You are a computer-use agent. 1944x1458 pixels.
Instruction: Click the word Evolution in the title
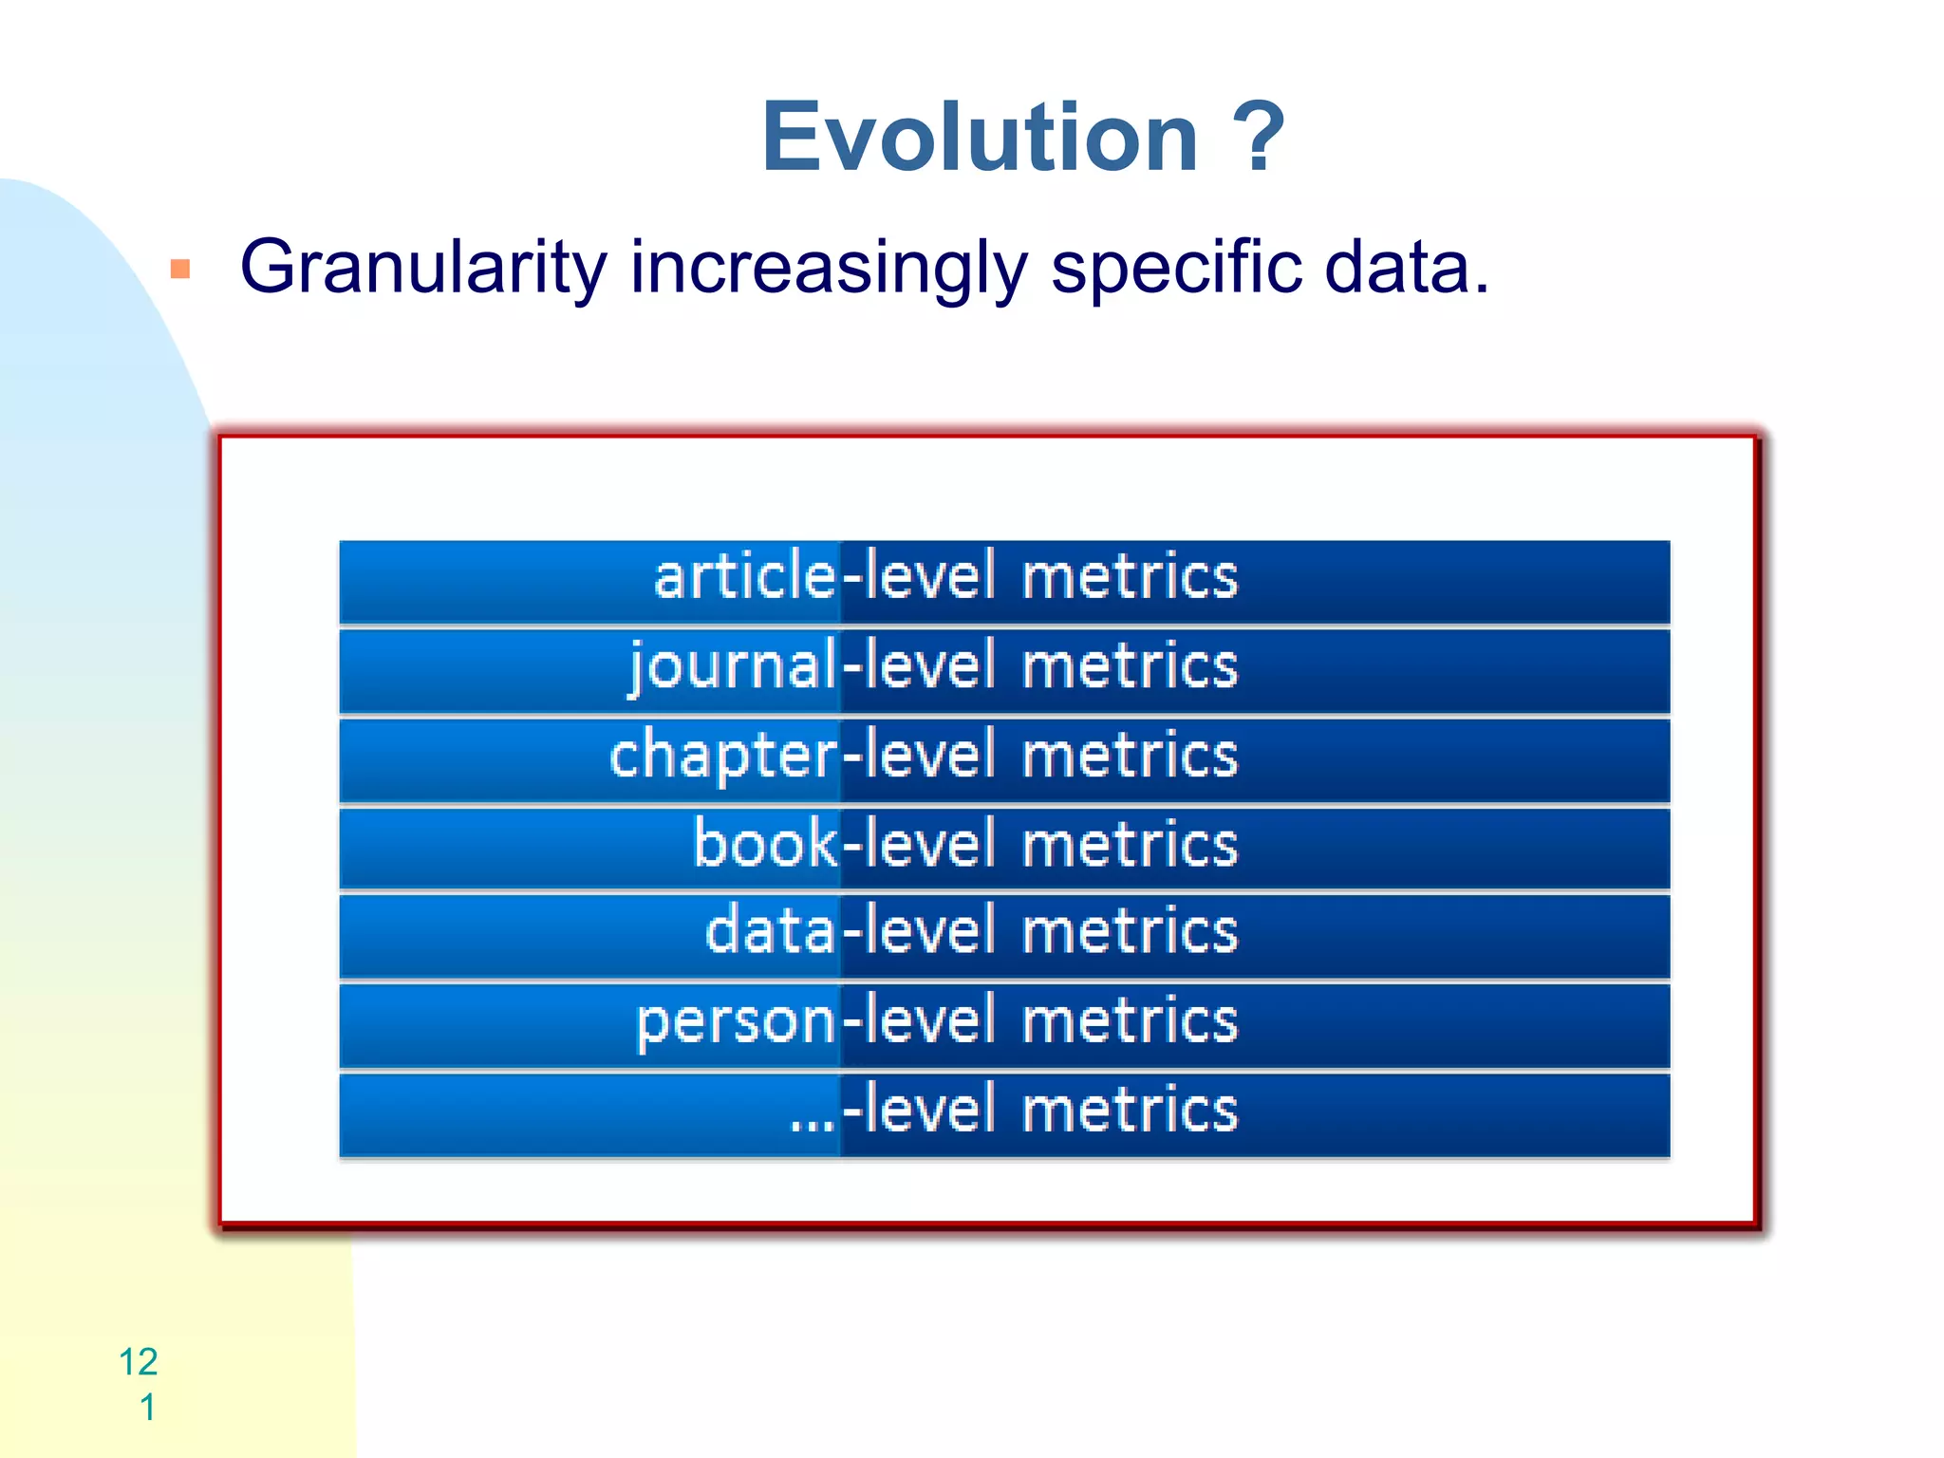981,139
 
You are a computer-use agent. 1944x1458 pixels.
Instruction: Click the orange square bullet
180,270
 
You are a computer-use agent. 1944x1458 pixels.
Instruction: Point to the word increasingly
829,268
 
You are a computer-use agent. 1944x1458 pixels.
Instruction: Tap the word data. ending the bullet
1406,268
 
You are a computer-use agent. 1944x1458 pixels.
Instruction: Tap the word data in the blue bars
770,930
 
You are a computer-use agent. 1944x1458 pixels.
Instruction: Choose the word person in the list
736,1021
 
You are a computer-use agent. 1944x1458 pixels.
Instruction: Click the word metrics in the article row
1130,576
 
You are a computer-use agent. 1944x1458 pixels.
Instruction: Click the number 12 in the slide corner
139,1361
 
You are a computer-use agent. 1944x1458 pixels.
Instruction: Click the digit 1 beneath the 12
148,1407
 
